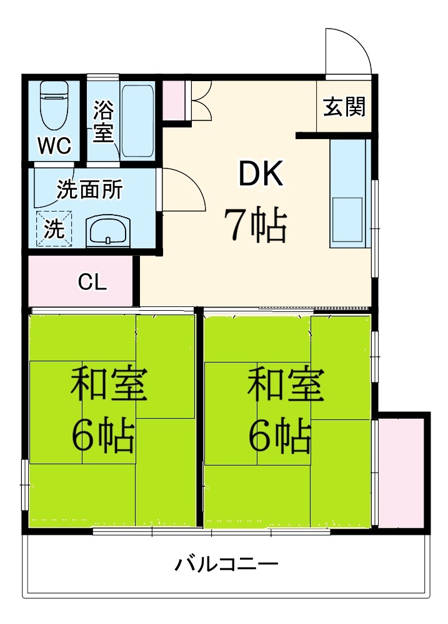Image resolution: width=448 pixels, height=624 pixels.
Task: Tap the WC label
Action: click(x=54, y=145)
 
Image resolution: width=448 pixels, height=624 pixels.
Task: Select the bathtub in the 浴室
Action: click(x=137, y=120)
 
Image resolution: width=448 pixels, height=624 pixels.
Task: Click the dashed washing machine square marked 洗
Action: click(x=54, y=229)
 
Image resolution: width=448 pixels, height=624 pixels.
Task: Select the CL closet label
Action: click(x=92, y=282)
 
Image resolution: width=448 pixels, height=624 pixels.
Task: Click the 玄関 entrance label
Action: click(x=344, y=107)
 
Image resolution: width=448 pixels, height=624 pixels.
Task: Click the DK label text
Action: click(x=261, y=174)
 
